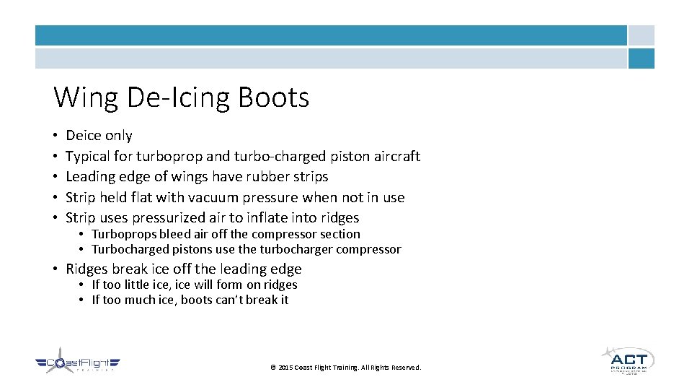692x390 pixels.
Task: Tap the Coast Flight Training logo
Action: (78, 365)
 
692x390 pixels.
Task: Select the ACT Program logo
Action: (628, 360)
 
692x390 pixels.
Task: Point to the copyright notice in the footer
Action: (345, 368)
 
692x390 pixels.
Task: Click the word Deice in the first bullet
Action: (84, 135)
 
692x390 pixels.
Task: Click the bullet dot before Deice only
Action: (55, 136)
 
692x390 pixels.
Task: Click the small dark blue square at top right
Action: (641, 58)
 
